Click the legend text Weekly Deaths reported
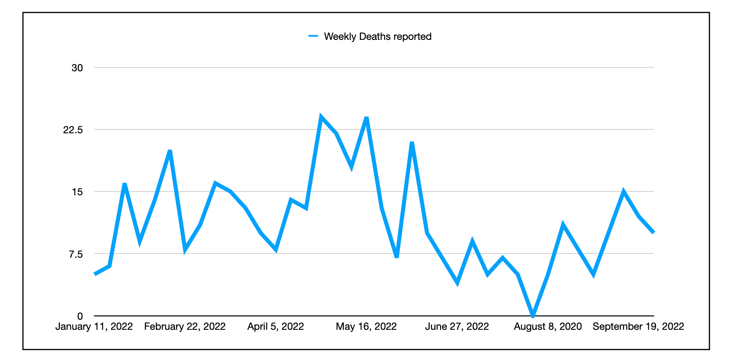pyautogui.click(x=377, y=37)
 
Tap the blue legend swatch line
pyautogui.click(x=313, y=36)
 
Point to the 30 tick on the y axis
pyautogui.click(x=77, y=68)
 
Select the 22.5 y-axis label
pyautogui.click(x=73, y=130)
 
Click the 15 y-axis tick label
pyautogui.click(x=77, y=192)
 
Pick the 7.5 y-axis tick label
pyautogui.click(x=76, y=254)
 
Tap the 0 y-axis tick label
pyautogui.click(x=80, y=316)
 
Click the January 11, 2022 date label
pyautogui.click(x=94, y=327)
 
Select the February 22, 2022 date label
pyautogui.click(x=185, y=327)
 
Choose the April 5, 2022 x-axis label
pyautogui.click(x=275, y=327)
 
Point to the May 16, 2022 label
pyautogui.click(x=366, y=327)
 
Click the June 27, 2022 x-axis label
pyautogui.click(x=457, y=327)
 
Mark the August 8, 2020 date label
pyautogui.click(x=548, y=327)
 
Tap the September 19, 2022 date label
pyautogui.click(x=638, y=327)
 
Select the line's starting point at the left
pyautogui.click(x=95, y=274)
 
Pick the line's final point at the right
pyautogui.click(x=653, y=233)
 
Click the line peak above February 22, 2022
pyautogui.click(x=170, y=151)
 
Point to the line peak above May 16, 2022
pyautogui.click(x=366, y=118)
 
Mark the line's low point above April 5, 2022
pyautogui.click(x=276, y=249)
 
